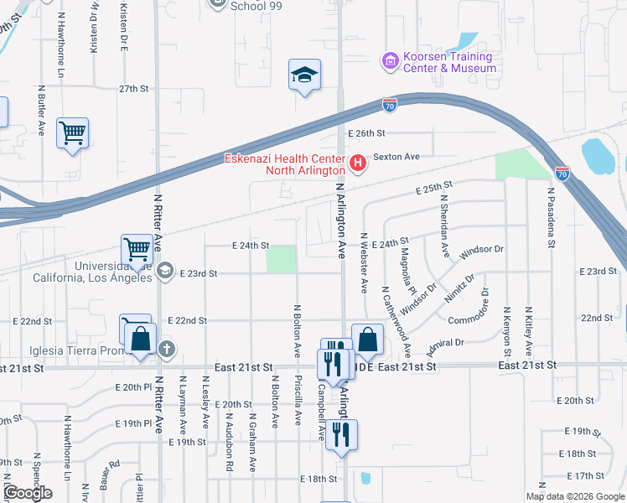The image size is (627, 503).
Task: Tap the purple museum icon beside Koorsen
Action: pyautogui.click(x=389, y=60)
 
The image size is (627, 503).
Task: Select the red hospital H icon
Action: pyautogui.click(x=358, y=163)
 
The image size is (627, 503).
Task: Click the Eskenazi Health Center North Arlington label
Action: pyautogui.click(x=284, y=164)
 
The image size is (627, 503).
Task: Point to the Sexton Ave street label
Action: pyautogui.click(x=396, y=157)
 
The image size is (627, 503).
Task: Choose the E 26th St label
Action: pyautogui.click(x=366, y=133)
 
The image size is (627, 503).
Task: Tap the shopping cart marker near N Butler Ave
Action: pyautogui.click(x=73, y=132)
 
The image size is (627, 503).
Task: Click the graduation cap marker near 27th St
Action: pyautogui.click(x=304, y=75)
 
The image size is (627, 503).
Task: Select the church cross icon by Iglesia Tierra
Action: pyautogui.click(x=167, y=349)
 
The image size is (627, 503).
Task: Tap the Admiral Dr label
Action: pyautogui.click(x=444, y=343)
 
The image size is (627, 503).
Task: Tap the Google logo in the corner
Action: pyautogui.click(x=27, y=493)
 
